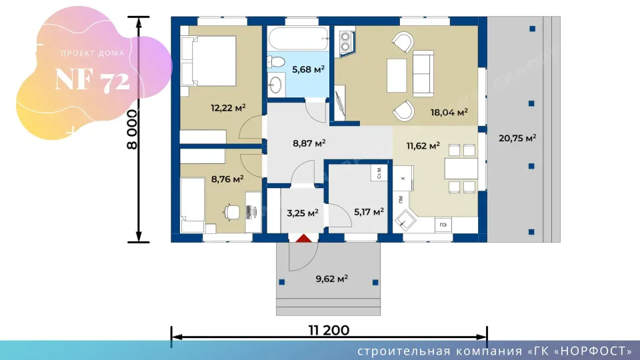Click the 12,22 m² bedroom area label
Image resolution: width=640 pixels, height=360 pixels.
(228, 108)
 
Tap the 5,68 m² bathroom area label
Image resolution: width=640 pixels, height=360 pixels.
(308, 69)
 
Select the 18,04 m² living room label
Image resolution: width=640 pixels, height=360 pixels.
(449, 112)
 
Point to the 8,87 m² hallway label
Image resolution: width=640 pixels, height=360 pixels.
(309, 143)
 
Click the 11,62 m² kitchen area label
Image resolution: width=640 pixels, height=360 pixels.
(423, 146)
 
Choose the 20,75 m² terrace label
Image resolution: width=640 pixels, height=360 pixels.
(517, 139)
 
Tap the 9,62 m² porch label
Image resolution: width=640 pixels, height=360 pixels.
(331, 279)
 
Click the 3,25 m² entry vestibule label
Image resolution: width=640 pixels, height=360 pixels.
(303, 213)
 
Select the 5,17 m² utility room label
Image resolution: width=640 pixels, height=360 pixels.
(369, 212)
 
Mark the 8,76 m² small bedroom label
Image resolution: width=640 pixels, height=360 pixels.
(227, 179)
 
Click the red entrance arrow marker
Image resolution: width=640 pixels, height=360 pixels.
(303, 239)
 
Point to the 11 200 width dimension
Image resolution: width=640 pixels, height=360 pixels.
(329, 330)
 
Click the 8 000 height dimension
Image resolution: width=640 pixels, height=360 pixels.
(132, 129)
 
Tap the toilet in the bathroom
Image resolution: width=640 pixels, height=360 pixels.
(276, 62)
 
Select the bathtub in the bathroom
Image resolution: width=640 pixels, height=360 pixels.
(299, 39)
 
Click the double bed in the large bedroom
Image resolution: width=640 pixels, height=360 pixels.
(209, 61)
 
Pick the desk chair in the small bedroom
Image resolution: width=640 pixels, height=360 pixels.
(231, 212)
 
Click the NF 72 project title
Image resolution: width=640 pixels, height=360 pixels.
(93, 79)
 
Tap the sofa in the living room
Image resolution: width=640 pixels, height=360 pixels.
(423, 74)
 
